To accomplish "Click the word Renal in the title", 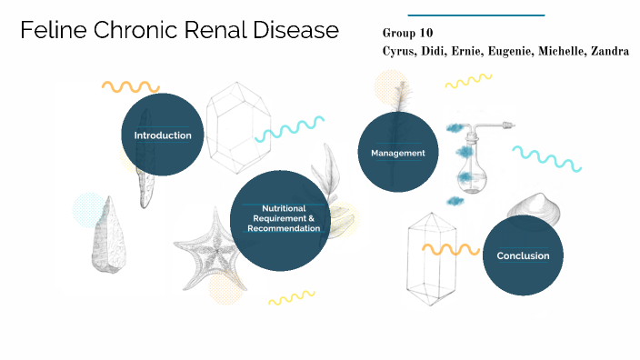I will coord(218,31).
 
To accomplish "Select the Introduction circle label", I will coord(163,135).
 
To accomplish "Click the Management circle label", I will coord(397,153).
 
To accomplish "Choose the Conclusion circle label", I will coord(523,255).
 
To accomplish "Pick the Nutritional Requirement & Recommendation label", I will coord(283,218).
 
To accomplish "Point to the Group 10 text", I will coord(408,33).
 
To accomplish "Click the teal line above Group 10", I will coord(475,15).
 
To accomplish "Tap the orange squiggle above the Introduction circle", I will coord(131,87).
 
